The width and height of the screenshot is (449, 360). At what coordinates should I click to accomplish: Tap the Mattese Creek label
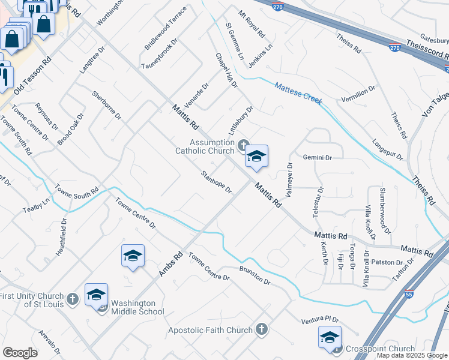coord(298,93)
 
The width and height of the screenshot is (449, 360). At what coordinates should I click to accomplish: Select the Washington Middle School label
coord(137,307)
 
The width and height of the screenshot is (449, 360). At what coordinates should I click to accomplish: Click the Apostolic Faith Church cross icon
coord(261,329)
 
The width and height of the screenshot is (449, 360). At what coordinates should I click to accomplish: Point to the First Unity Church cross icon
coord(72,299)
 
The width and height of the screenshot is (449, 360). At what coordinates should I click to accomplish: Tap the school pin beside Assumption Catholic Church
coord(256,157)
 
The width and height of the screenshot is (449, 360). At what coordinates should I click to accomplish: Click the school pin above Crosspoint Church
coord(330,338)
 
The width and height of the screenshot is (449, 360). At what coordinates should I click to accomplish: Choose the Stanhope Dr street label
coord(217,182)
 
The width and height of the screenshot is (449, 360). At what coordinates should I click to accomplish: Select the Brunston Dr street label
coord(255,275)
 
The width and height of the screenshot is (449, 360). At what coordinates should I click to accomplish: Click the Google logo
coord(20,352)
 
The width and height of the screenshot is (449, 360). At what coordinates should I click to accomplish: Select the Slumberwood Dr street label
coord(385,211)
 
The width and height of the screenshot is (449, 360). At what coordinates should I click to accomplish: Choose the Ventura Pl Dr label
coord(320,321)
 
